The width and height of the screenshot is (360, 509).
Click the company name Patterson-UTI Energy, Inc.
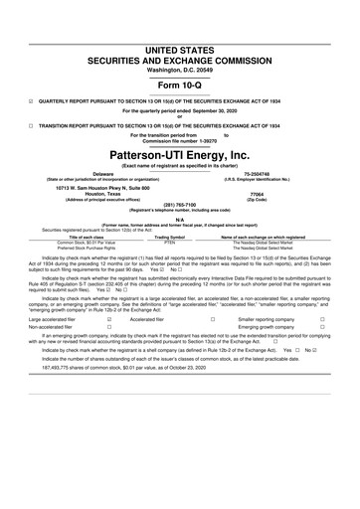click(180, 156)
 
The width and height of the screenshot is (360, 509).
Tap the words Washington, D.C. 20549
click(180, 43)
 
